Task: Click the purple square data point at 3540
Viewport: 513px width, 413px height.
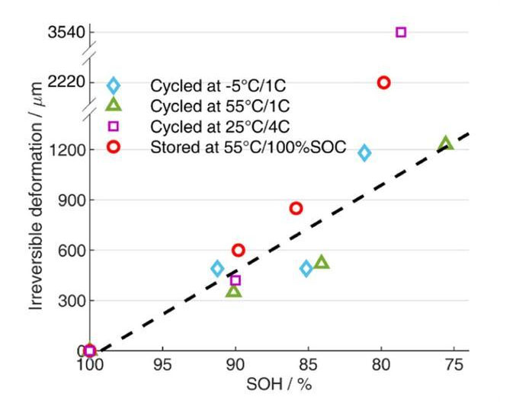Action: (x=401, y=32)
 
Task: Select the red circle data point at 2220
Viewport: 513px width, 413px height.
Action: (x=383, y=82)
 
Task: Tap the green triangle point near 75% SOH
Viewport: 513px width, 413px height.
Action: (x=445, y=143)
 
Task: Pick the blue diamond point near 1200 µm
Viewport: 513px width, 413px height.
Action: (x=364, y=153)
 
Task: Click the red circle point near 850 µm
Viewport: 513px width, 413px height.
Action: (x=296, y=208)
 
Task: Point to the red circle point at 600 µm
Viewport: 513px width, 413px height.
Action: (x=238, y=250)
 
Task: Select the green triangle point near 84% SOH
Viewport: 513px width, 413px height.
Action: (x=321, y=262)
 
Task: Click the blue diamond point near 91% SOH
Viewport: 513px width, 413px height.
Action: (x=217, y=268)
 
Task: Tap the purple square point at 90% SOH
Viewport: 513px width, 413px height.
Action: (x=235, y=280)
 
